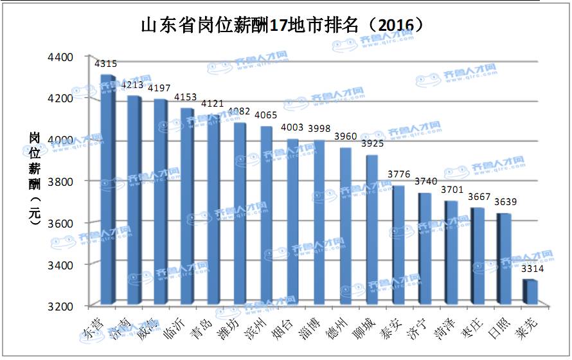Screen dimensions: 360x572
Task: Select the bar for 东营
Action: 107,190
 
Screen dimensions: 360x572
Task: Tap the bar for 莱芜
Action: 529,292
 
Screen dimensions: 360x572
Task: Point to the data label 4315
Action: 106,64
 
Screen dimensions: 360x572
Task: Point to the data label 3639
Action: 505,203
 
